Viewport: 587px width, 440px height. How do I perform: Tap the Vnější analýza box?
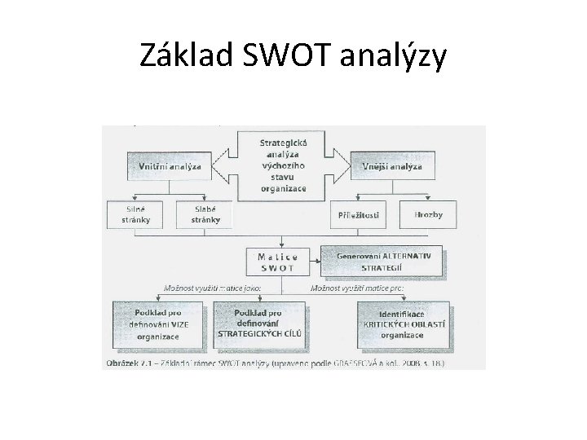(x=391, y=166)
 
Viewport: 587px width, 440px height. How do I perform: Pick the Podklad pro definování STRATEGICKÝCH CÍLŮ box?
(x=258, y=323)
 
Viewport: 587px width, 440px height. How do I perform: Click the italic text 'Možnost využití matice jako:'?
(x=201, y=288)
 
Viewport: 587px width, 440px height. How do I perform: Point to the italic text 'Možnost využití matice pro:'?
(x=356, y=288)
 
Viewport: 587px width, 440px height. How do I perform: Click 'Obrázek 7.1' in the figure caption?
(x=130, y=363)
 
